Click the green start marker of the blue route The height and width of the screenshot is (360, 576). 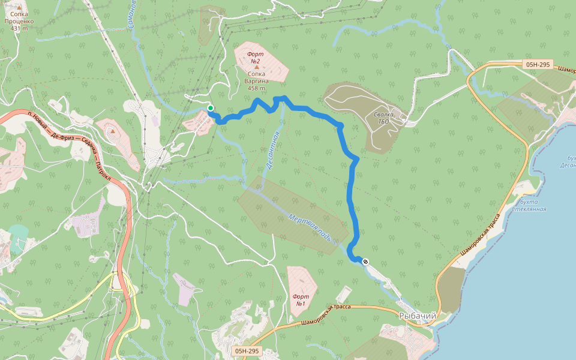[211, 108]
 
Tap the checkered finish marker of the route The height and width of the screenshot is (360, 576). [365, 261]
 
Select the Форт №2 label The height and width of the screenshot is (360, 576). [256, 58]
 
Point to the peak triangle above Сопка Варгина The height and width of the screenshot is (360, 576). [257, 67]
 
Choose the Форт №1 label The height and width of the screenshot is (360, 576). [301, 301]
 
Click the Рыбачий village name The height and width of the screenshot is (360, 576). [418, 316]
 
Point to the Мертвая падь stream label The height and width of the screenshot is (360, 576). [309, 226]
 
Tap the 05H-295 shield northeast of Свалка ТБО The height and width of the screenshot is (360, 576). [537, 64]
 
